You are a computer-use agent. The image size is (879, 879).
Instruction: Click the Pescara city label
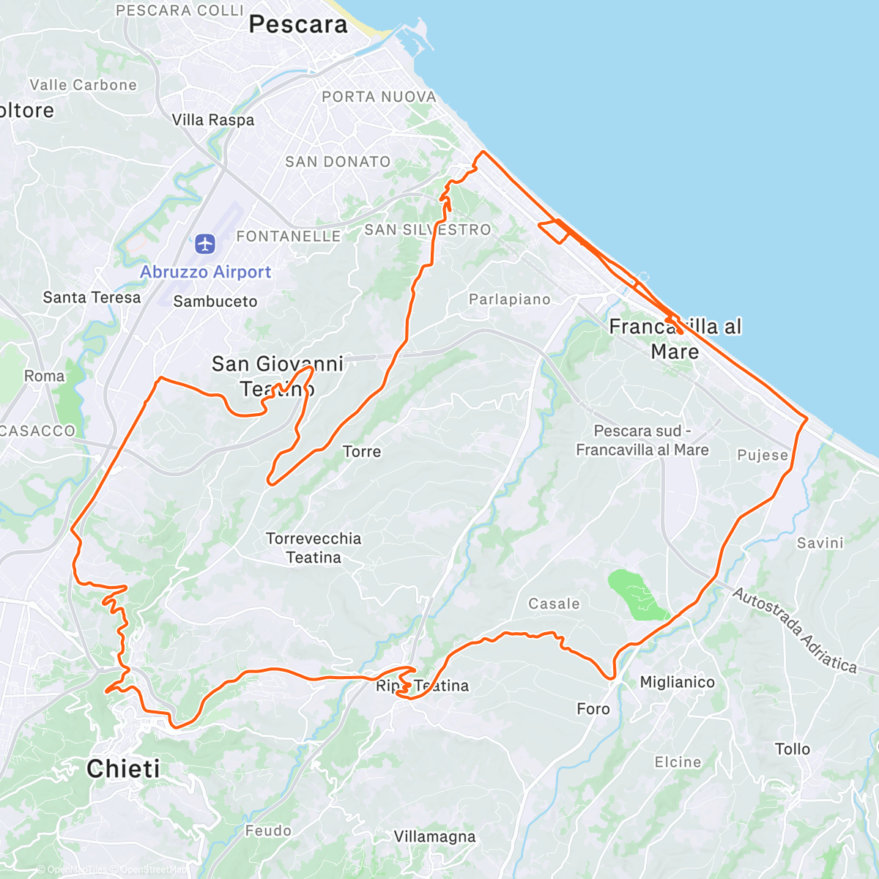point(298,24)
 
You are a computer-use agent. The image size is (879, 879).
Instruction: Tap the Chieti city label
point(123,768)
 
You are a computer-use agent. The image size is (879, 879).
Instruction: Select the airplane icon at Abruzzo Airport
point(205,243)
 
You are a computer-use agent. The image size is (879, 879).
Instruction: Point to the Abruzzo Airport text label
point(206,272)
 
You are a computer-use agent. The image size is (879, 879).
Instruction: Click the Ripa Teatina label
point(423,686)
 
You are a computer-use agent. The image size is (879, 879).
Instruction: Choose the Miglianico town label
point(677,682)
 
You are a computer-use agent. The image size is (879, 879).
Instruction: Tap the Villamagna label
point(434,837)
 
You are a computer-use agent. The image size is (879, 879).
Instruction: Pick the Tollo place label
point(793,749)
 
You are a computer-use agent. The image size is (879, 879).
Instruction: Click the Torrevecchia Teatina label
point(314,548)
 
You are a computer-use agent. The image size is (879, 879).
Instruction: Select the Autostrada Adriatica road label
point(794,630)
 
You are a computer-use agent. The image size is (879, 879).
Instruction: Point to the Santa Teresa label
point(92,297)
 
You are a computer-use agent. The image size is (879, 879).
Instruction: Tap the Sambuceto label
point(215,301)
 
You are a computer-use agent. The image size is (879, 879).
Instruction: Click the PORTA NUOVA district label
point(379,97)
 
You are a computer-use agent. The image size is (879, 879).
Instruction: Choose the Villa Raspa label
point(213,120)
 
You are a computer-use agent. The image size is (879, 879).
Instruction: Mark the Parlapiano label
point(510,299)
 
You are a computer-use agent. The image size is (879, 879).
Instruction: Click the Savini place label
point(820,543)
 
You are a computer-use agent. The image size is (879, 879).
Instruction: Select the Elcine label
point(678,762)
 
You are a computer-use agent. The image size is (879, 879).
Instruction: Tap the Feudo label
point(268,831)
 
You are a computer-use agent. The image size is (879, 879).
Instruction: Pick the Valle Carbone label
point(84,85)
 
